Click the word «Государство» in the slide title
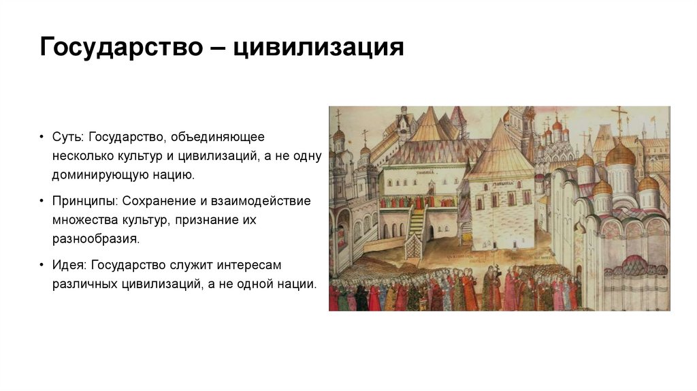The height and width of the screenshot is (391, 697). click(x=118, y=48)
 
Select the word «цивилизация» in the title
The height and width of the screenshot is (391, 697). click(x=319, y=48)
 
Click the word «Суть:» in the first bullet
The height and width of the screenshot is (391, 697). click(x=68, y=137)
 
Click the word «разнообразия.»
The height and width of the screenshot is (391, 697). click(x=95, y=239)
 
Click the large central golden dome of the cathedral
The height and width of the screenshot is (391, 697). click(x=619, y=155)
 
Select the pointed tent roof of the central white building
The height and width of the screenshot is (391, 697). click(x=501, y=150)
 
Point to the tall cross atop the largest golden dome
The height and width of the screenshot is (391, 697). click(x=619, y=119)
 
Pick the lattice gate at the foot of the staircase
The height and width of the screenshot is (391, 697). click(x=413, y=247)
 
